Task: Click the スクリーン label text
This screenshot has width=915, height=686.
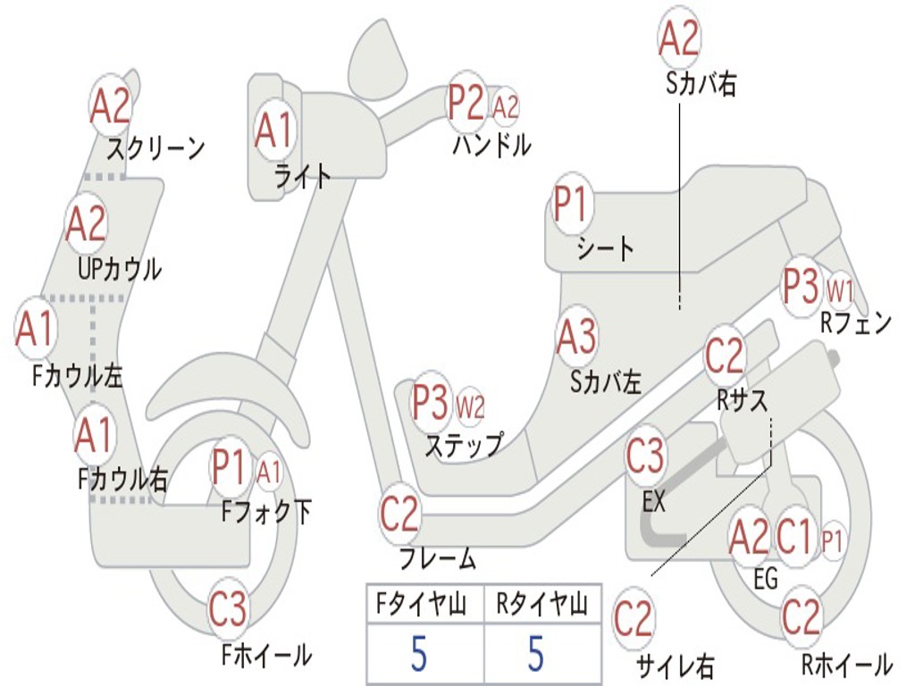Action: point(155,147)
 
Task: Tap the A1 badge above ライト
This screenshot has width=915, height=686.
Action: point(273,129)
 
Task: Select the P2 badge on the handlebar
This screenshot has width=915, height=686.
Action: point(466,104)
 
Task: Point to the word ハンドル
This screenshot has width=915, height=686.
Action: point(491,144)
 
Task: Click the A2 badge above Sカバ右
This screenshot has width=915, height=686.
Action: point(678,38)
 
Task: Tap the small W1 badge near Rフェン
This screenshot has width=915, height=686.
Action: point(841,289)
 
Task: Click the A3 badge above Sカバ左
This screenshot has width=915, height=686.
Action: point(575,336)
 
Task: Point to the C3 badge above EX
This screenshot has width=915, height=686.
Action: point(645,456)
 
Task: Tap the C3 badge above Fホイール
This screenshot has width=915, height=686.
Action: point(228,611)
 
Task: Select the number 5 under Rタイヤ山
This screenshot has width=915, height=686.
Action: point(535,653)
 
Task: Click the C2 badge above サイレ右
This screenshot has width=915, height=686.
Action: point(634,618)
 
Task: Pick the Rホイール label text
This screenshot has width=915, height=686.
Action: point(846,664)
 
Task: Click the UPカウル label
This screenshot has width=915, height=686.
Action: point(120,268)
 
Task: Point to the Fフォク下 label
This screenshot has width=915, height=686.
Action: point(266,512)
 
